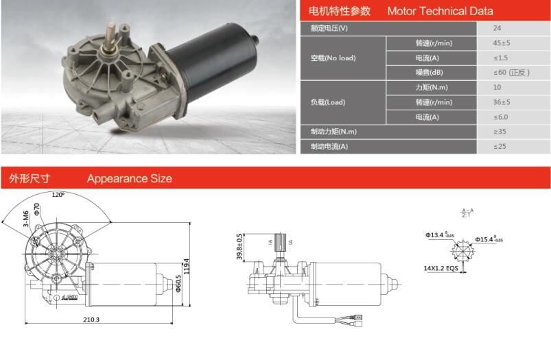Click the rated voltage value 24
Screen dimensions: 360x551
click(497, 29)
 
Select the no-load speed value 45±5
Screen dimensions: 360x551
click(501, 43)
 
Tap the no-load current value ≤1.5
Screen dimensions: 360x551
click(500, 58)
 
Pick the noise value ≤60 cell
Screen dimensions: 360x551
click(511, 72)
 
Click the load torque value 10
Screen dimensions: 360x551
click(497, 87)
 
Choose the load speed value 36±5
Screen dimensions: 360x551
click(501, 102)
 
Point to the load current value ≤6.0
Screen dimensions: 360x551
click(500, 117)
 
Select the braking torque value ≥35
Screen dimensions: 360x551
click(499, 132)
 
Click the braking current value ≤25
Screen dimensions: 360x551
click(499, 146)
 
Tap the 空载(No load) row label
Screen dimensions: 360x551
click(333, 58)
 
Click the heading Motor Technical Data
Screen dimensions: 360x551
click(440, 11)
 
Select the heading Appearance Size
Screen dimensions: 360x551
click(129, 179)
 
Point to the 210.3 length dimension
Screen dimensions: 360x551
click(91, 320)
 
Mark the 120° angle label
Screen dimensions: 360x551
click(58, 195)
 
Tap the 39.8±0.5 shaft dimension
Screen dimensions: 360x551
click(239, 247)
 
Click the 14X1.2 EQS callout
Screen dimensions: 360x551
click(441, 269)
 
